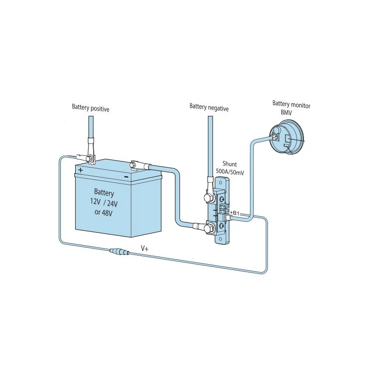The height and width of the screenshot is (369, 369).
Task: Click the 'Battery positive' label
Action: pos(90,107)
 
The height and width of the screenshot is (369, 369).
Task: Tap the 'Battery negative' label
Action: pos(209,107)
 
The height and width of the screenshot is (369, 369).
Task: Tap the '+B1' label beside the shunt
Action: pos(235,213)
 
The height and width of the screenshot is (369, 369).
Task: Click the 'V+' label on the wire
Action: pos(144,248)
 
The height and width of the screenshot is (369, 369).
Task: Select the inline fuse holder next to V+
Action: pos(119,252)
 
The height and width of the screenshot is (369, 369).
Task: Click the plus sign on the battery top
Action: pos(81,170)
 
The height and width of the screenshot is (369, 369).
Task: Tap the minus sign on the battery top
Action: pos(126,176)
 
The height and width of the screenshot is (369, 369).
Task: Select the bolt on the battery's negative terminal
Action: pos(134,163)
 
